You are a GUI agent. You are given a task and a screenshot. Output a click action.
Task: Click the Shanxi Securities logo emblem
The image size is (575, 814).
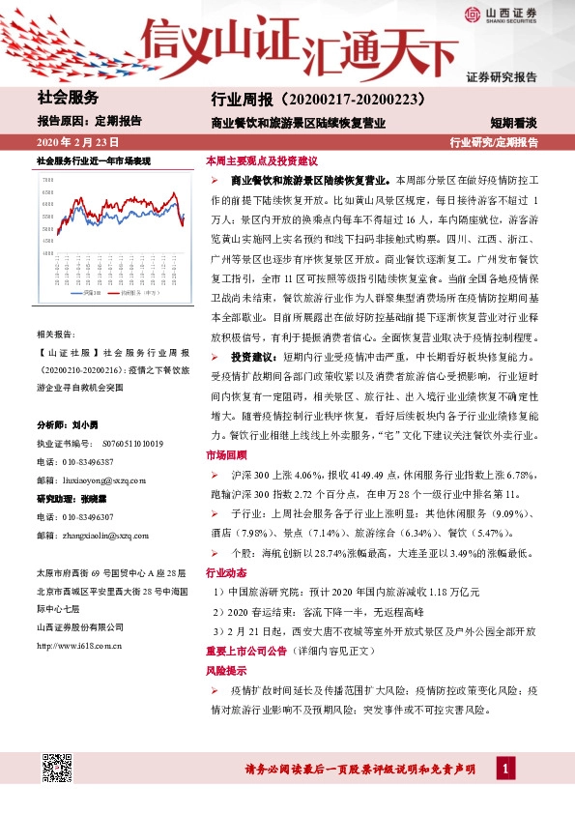pyautogui.click(x=473, y=15)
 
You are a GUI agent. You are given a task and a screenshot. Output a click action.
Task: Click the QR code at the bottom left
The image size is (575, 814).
pyautogui.click(x=59, y=770)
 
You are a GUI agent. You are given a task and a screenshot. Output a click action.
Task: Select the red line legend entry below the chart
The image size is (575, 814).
pyautogui.click(x=142, y=291)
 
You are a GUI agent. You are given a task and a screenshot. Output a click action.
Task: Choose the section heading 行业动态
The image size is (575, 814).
pyautogui.click(x=226, y=572)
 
